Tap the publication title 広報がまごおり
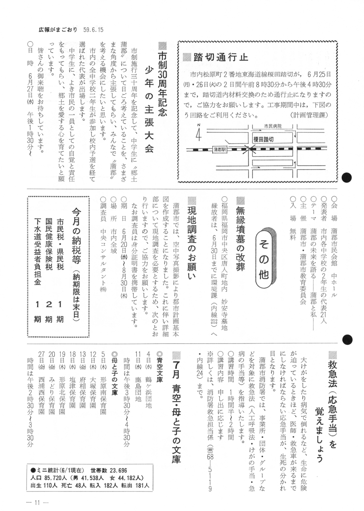(x=58, y=30)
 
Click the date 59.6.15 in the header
(x=93, y=30)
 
